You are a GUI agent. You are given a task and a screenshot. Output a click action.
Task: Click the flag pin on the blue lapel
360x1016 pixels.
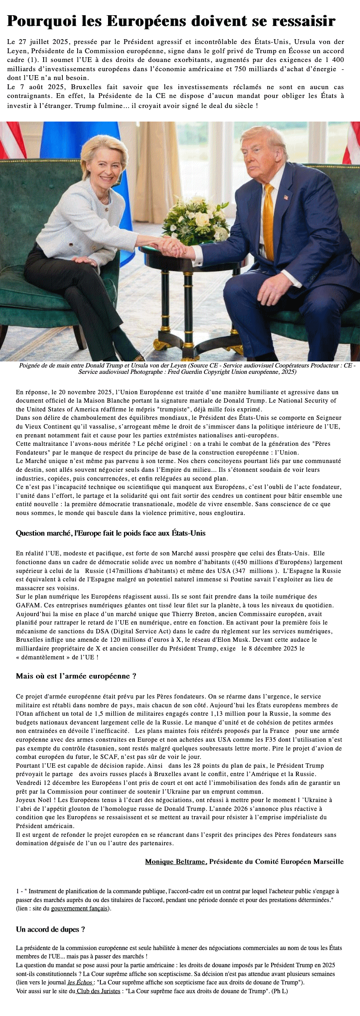pos(286,197)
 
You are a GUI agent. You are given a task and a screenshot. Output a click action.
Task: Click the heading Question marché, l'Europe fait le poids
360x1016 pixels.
pos(110,533)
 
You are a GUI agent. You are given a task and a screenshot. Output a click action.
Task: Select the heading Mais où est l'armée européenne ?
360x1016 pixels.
pos(76,676)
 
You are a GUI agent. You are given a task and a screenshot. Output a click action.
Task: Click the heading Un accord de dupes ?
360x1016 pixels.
pos(50,929)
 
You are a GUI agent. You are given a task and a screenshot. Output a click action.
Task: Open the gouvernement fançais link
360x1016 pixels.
pos(80,908)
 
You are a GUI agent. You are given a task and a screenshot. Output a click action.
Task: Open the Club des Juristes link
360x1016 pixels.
pos(98,991)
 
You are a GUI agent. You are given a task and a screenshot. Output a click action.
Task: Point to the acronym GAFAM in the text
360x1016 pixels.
pos(27,605)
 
